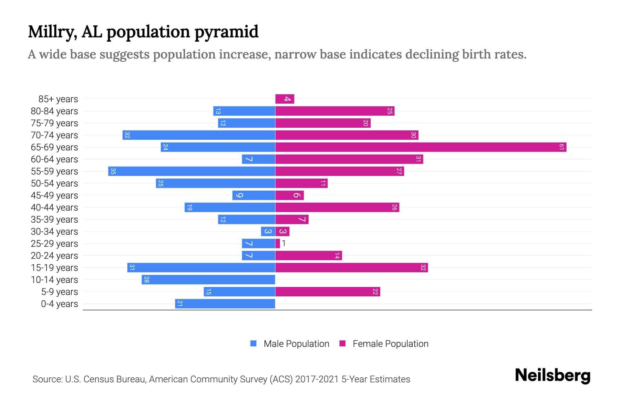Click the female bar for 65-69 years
point(420,147)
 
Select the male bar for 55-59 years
point(192,171)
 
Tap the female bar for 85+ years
point(285,99)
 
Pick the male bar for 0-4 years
point(225,304)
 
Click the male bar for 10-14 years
point(208,280)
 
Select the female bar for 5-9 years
point(327,292)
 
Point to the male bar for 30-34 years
point(268,232)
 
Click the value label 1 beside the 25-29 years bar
point(283,244)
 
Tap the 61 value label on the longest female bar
point(561,147)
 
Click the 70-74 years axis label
point(54,135)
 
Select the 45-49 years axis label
point(54,195)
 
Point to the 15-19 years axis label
point(54,268)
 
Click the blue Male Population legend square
point(254,343)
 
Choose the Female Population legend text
point(390,344)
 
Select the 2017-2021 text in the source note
point(317,379)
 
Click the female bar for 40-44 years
point(337,208)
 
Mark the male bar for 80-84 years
point(244,111)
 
